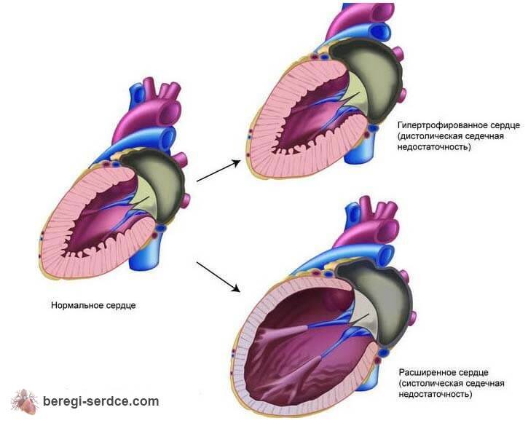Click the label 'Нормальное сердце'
pos(93,304)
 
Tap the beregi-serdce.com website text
pos(101,401)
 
